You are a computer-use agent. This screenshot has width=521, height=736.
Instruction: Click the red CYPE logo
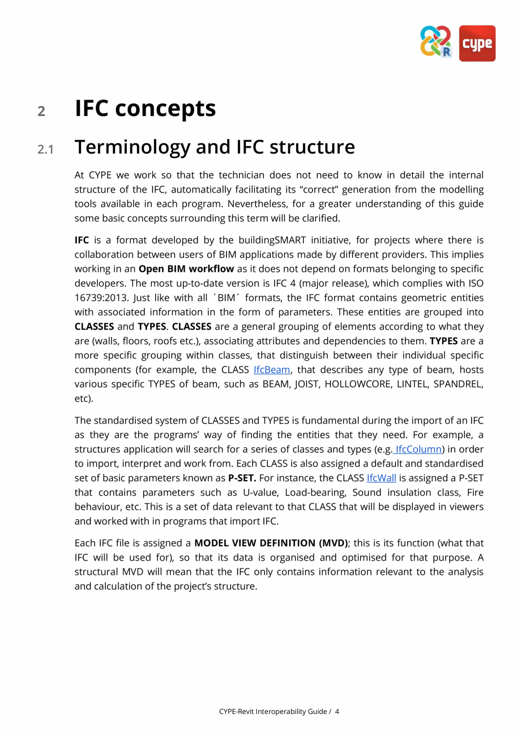tap(477, 43)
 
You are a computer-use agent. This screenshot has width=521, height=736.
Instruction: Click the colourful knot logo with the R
tap(436, 42)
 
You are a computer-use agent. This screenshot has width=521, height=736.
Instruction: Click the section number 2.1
tap(45, 149)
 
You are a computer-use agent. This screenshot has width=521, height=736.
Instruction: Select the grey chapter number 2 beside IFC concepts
tap(41, 111)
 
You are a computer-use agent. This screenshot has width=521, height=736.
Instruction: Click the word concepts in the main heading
tap(169, 108)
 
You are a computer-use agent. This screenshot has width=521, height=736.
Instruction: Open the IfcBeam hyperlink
tap(272, 370)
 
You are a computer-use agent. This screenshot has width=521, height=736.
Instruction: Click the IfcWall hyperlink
tap(381, 478)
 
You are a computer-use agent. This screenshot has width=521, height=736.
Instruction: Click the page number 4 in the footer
tap(337, 711)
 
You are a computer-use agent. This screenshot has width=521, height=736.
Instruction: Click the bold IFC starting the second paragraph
tap(82, 240)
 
